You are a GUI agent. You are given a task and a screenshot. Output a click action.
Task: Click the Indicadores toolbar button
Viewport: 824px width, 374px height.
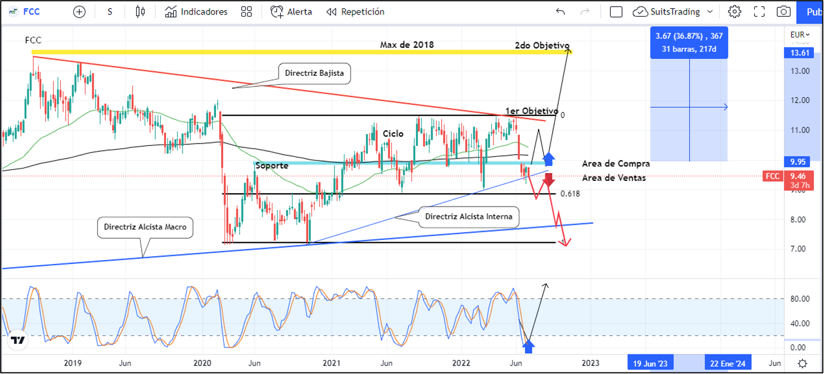(197, 12)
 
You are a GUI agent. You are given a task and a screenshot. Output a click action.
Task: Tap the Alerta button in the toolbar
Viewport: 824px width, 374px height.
(291, 12)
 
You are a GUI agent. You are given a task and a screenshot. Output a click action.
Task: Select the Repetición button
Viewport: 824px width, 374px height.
(356, 12)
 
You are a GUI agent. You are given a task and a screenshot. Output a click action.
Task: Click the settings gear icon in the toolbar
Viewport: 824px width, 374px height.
(735, 12)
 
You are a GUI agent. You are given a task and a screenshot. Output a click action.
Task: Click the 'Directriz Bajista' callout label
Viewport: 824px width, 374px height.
(314, 73)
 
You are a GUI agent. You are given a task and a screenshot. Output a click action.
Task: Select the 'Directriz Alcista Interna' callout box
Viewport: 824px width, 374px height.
(468, 216)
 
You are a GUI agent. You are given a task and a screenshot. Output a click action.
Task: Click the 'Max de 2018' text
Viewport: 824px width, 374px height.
(406, 45)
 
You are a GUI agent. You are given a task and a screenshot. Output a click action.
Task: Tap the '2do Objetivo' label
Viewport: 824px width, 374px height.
(542, 45)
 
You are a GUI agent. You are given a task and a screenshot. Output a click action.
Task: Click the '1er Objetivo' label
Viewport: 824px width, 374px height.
(531, 111)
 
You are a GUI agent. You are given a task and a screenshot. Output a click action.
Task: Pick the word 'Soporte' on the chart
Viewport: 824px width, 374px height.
(272, 166)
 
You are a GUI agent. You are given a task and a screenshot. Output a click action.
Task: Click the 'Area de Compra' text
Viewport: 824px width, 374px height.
(615, 164)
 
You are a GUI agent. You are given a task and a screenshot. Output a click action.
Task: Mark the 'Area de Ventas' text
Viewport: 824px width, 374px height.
(614, 178)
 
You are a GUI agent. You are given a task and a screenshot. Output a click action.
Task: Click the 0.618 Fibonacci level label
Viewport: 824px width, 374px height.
(570, 194)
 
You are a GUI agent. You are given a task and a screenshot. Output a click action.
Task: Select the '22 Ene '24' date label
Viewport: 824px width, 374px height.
(728, 363)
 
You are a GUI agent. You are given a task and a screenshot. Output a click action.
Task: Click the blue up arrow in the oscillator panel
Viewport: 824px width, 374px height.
(528, 346)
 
